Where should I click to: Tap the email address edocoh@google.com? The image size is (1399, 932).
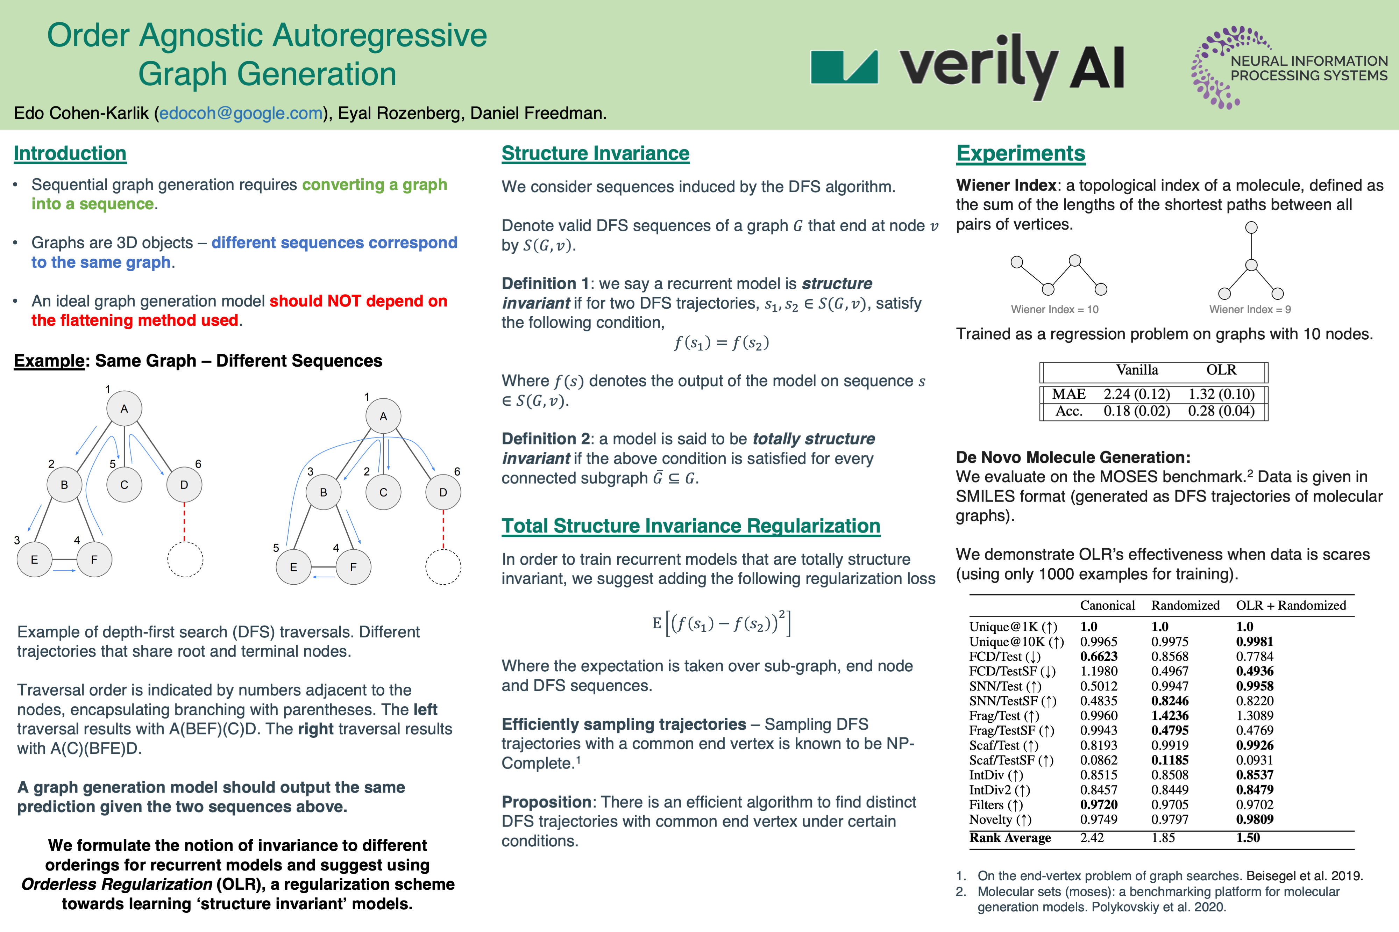241,113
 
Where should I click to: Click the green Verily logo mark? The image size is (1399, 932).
844,66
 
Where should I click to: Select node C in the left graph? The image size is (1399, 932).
124,484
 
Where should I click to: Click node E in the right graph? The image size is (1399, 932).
293,567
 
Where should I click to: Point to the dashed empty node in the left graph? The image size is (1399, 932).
185,559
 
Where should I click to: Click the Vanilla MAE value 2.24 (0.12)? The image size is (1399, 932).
1136,394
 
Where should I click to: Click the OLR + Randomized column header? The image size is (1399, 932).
1290,605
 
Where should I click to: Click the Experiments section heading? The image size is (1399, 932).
1020,153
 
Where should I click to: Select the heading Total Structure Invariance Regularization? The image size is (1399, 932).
690,526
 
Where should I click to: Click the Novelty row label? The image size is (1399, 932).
999,820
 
